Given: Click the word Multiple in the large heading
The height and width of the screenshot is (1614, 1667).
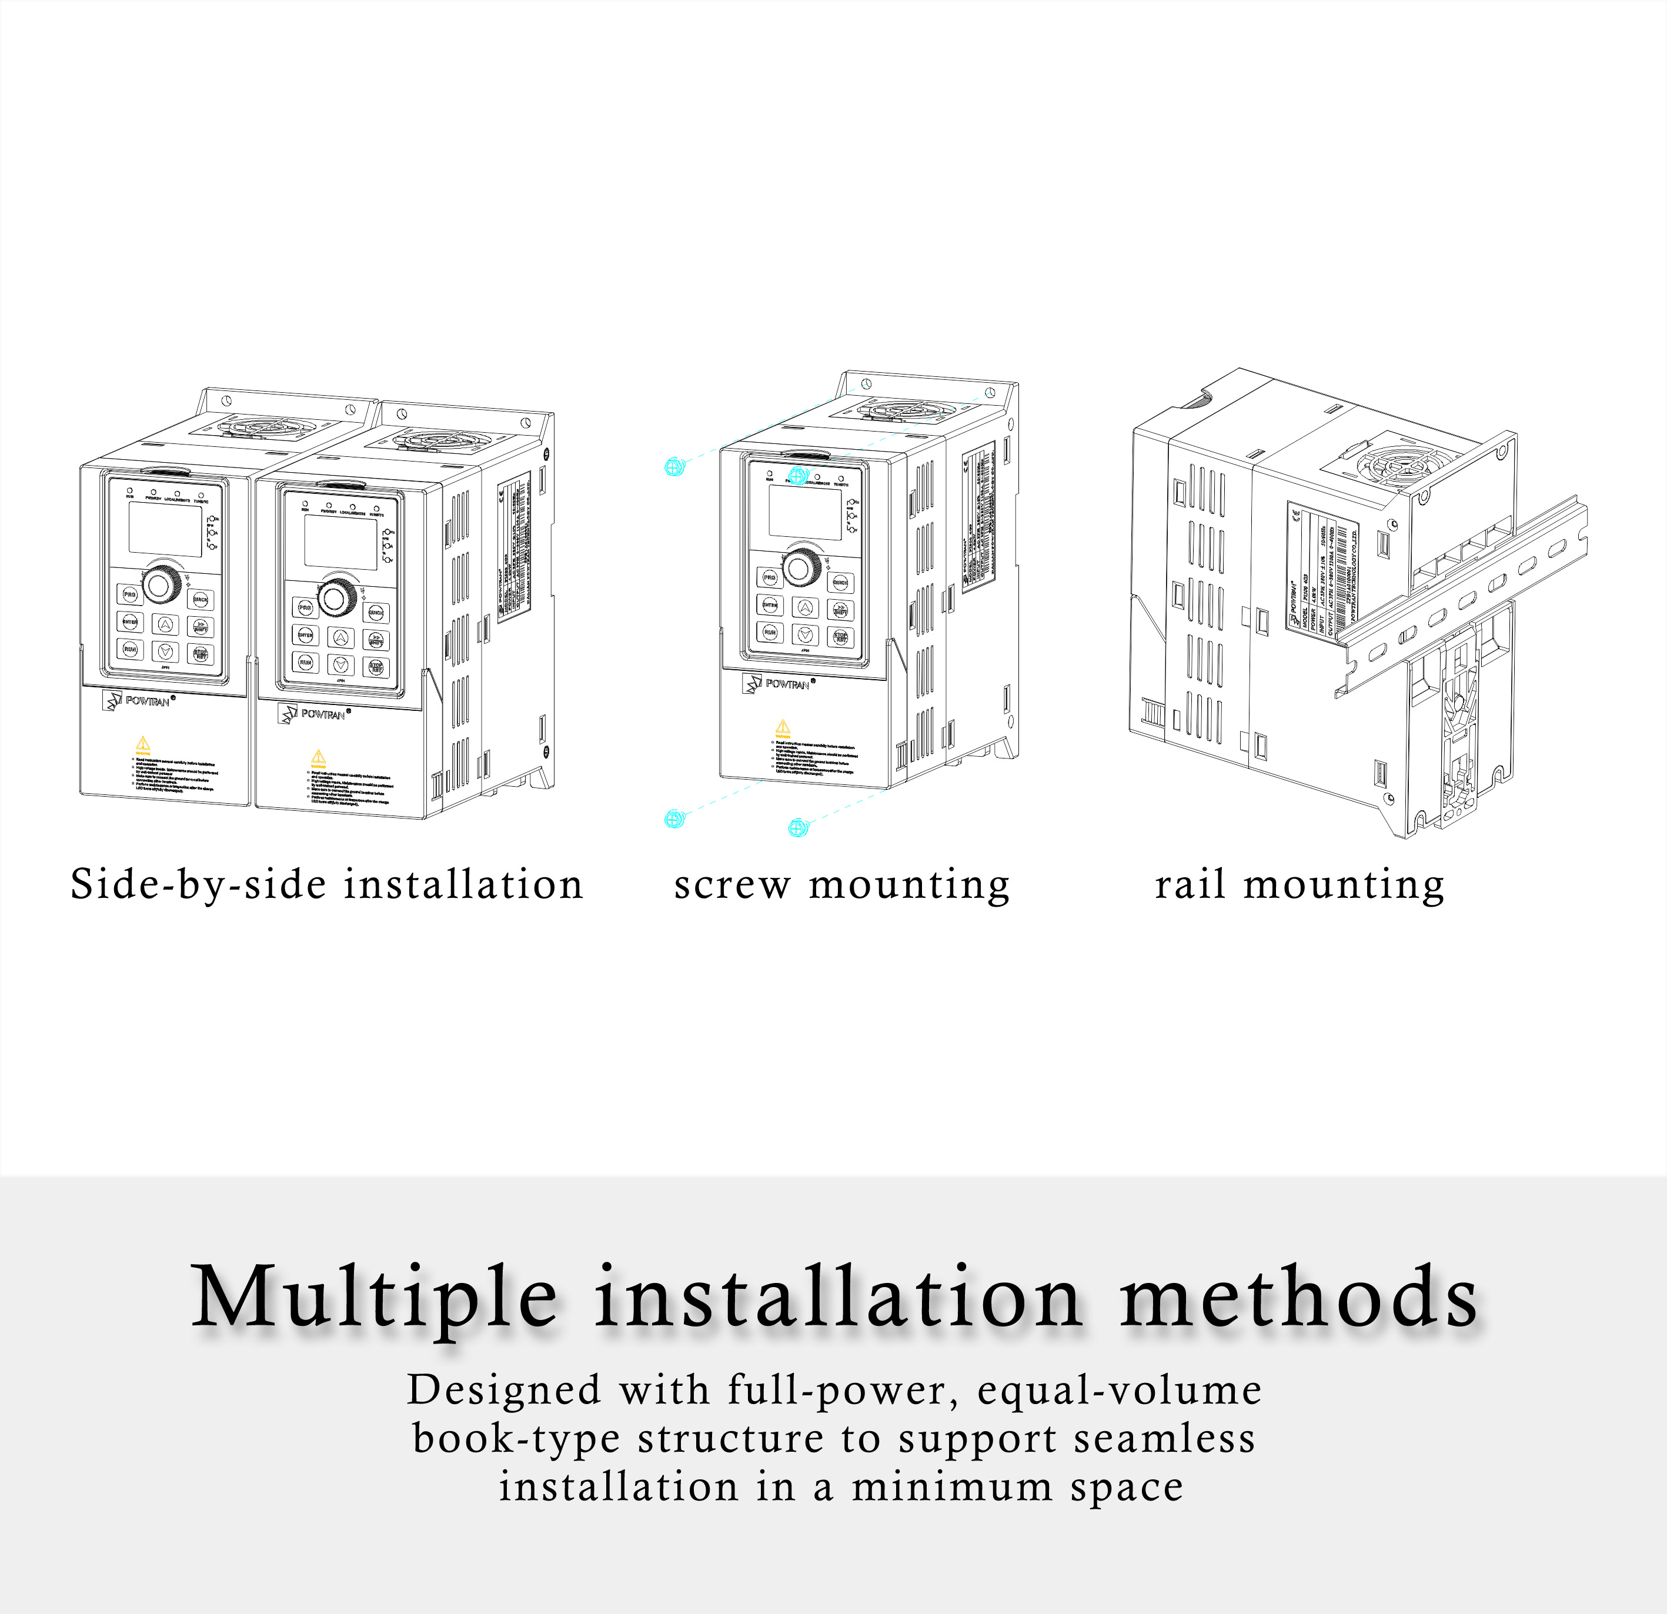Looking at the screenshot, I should click(374, 1298).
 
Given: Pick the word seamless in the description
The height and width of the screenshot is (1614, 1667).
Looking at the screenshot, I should click(1164, 1439).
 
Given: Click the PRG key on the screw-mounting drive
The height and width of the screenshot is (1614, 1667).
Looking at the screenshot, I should click(770, 578).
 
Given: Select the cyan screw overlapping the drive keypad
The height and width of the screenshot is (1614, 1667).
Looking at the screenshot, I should click(798, 476).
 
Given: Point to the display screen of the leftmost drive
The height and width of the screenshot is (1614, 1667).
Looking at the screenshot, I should click(165, 529).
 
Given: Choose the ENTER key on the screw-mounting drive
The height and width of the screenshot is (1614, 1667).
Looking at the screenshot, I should click(770, 606).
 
